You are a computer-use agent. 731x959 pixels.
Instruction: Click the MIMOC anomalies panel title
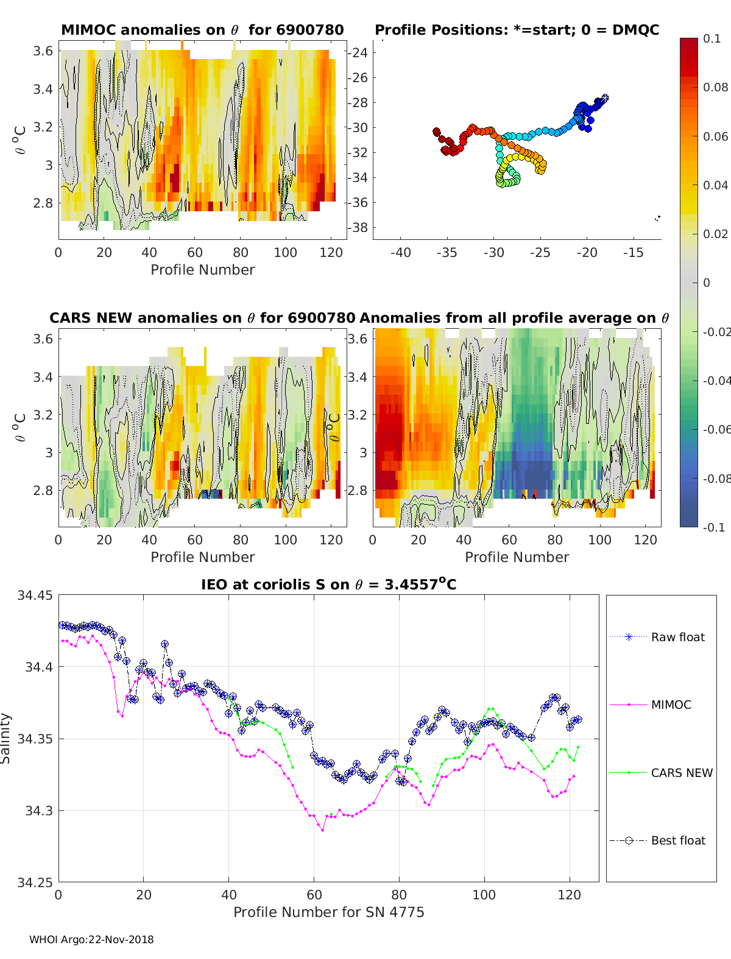(x=202, y=30)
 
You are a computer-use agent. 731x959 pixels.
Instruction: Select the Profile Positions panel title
(x=517, y=30)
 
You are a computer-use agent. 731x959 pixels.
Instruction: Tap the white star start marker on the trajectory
(x=605, y=98)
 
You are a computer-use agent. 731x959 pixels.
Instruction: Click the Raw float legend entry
(x=657, y=637)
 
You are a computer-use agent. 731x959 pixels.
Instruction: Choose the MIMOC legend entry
(x=651, y=704)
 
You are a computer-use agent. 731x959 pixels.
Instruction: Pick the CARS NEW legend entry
(x=661, y=773)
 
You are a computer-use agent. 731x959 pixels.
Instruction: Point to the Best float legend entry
(x=657, y=841)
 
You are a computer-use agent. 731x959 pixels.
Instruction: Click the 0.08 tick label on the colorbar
(x=715, y=88)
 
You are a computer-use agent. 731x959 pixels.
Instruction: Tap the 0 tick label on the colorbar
(x=707, y=283)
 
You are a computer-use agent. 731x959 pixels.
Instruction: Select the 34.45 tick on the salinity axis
(x=35, y=595)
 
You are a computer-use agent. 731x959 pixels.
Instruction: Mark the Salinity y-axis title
(x=5, y=739)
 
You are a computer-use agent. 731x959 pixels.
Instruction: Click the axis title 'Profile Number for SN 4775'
(x=328, y=912)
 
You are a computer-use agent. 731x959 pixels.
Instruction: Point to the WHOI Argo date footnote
(x=91, y=940)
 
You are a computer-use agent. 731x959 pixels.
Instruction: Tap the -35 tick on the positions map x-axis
(x=447, y=253)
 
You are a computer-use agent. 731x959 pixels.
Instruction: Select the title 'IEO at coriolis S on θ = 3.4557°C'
(x=328, y=584)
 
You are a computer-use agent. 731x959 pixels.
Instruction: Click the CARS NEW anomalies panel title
(x=202, y=318)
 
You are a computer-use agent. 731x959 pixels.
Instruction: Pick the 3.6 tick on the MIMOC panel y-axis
(x=43, y=51)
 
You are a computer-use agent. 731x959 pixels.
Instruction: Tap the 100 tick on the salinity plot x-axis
(x=484, y=895)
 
